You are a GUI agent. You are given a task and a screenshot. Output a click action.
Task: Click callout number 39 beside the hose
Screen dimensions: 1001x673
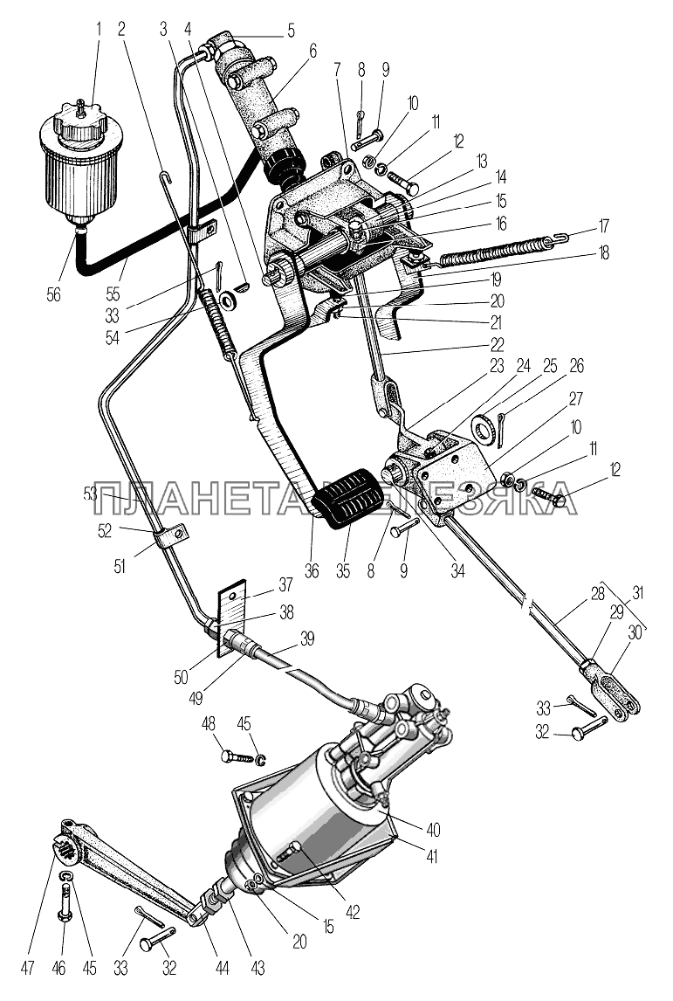[306, 638]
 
